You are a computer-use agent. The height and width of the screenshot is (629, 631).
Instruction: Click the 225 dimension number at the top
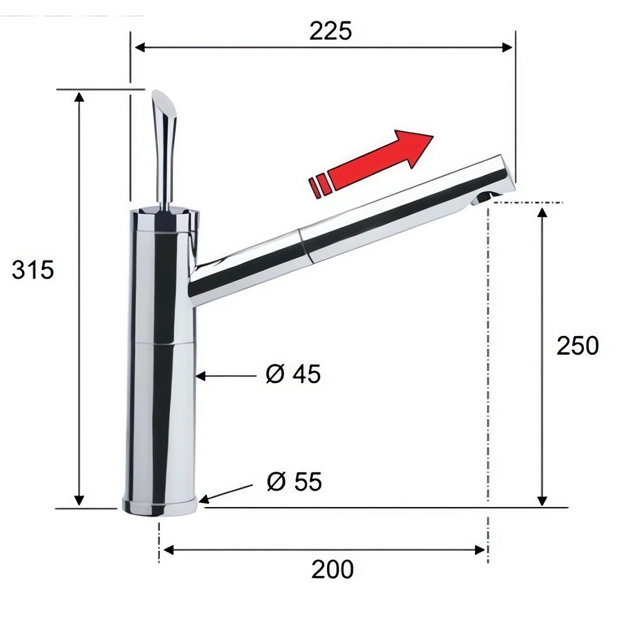coord(330,31)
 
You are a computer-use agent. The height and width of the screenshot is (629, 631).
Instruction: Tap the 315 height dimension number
coord(33,270)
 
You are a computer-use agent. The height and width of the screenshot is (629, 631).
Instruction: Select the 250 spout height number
coord(578,345)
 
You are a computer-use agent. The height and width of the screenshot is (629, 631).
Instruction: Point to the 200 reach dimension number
coord(332,569)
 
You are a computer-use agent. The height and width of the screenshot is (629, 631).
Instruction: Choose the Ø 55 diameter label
coord(294,481)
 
